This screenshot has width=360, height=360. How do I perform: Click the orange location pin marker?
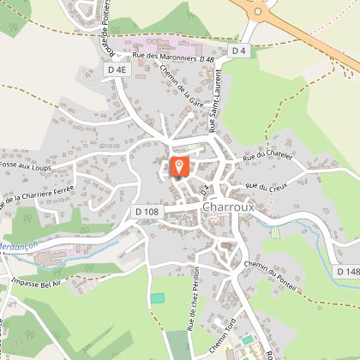(x=178, y=165)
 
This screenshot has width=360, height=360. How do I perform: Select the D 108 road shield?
(x=147, y=211)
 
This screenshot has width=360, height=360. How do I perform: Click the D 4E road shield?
(x=117, y=68)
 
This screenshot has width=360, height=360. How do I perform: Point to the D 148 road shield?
(x=347, y=272)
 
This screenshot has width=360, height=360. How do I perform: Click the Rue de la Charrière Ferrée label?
(x=39, y=196)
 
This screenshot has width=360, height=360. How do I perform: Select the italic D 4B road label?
(x=207, y=57)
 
